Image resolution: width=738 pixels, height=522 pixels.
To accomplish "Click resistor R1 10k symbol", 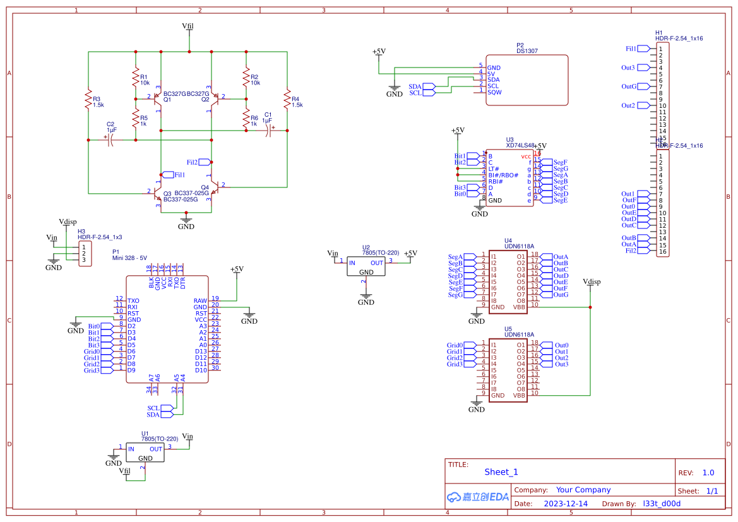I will pyautogui.click(x=135, y=78).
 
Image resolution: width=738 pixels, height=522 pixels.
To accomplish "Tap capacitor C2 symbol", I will pyautogui.click(x=111, y=140).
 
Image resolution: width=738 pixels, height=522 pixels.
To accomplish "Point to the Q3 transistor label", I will pyautogui.click(x=167, y=194).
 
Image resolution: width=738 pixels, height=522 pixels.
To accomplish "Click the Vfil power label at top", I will pyautogui.click(x=188, y=27).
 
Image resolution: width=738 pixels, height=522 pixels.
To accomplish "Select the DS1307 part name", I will pyautogui.click(x=527, y=51).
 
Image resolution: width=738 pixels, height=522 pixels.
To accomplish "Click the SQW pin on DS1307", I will pyautogui.click(x=494, y=92).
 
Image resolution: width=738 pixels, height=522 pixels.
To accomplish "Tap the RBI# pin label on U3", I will pyautogui.click(x=495, y=182).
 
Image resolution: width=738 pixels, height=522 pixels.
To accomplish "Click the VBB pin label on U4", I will pyautogui.click(x=519, y=307).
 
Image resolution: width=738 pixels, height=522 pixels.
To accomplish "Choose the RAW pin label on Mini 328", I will pyautogui.click(x=200, y=301).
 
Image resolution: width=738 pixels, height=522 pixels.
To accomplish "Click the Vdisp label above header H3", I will pyautogui.click(x=68, y=222).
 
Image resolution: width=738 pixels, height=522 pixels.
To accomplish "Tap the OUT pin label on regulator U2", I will pyautogui.click(x=377, y=263).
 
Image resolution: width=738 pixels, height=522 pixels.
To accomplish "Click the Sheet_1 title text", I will pyautogui.click(x=501, y=472).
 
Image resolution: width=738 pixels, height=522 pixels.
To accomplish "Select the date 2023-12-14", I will pyautogui.click(x=565, y=504).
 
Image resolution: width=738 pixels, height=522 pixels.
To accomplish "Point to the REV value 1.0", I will pyautogui.click(x=708, y=473).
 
